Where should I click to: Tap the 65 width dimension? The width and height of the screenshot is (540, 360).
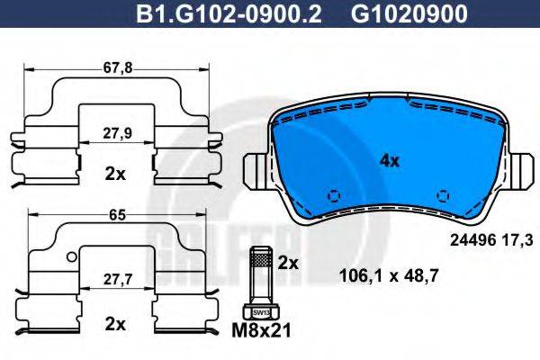tap(114, 215)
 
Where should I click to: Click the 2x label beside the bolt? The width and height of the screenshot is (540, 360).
tap(288, 264)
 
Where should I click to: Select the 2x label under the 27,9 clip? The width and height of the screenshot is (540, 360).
tap(114, 174)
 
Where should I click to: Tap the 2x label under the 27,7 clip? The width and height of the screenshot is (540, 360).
tap(114, 321)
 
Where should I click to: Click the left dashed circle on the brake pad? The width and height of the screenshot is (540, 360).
tap(333, 195)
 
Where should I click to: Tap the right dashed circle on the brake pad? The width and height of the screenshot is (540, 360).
tap(442, 195)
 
